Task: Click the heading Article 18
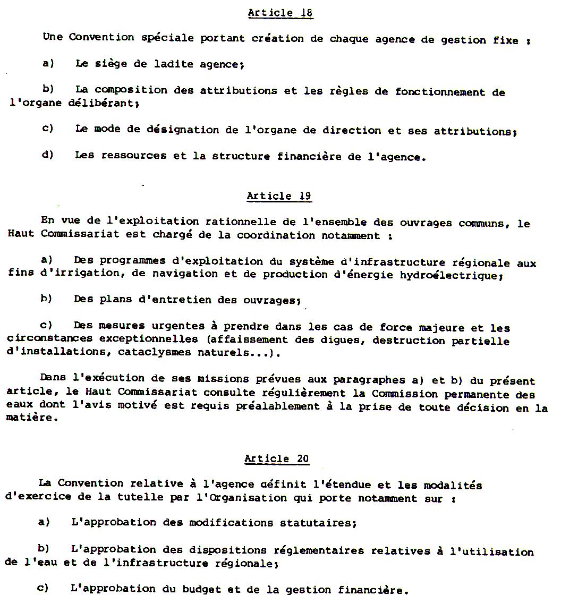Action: tap(280, 13)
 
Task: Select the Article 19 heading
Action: tap(279, 196)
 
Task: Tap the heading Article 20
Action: tap(277, 459)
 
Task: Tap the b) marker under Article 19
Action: tap(46, 299)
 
